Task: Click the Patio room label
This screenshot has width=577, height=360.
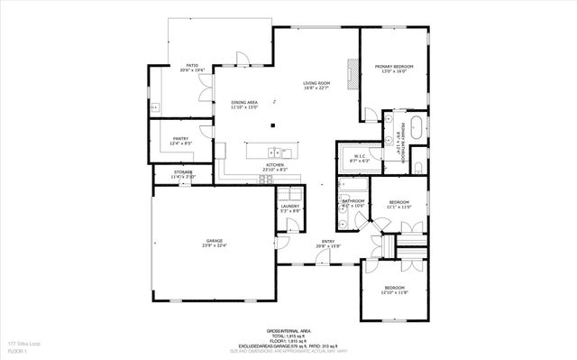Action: coord(192,67)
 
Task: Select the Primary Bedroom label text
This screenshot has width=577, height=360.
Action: coord(394,68)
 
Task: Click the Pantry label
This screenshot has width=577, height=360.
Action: coord(179,140)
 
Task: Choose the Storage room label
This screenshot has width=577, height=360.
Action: coord(183,174)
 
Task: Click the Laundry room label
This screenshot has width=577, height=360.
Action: coord(289,208)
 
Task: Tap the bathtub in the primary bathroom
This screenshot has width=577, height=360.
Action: coord(413,125)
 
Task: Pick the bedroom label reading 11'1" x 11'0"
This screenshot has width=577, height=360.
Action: coord(398,204)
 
